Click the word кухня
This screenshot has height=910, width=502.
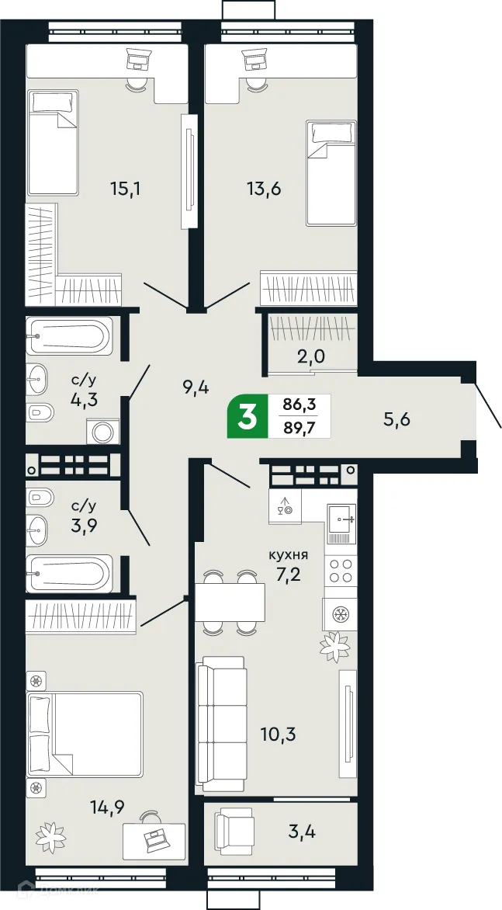pyautogui.click(x=289, y=555)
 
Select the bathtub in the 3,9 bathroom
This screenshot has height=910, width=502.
pyautogui.click(x=68, y=574)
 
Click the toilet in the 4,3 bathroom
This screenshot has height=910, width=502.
pyautogui.click(x=37, y=412)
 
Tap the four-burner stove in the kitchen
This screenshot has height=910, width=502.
pyautogui.click(x=341, y=571)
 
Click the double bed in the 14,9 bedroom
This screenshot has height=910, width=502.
pyautogui.click(x=85, y=735)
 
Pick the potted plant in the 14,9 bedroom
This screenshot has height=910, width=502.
pyautogui.click(x=51, y=836)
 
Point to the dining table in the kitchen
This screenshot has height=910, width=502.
pyautogui.click(x=230, y=602)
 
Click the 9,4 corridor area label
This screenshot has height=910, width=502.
pyautogui.click(x=197, y=385)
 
